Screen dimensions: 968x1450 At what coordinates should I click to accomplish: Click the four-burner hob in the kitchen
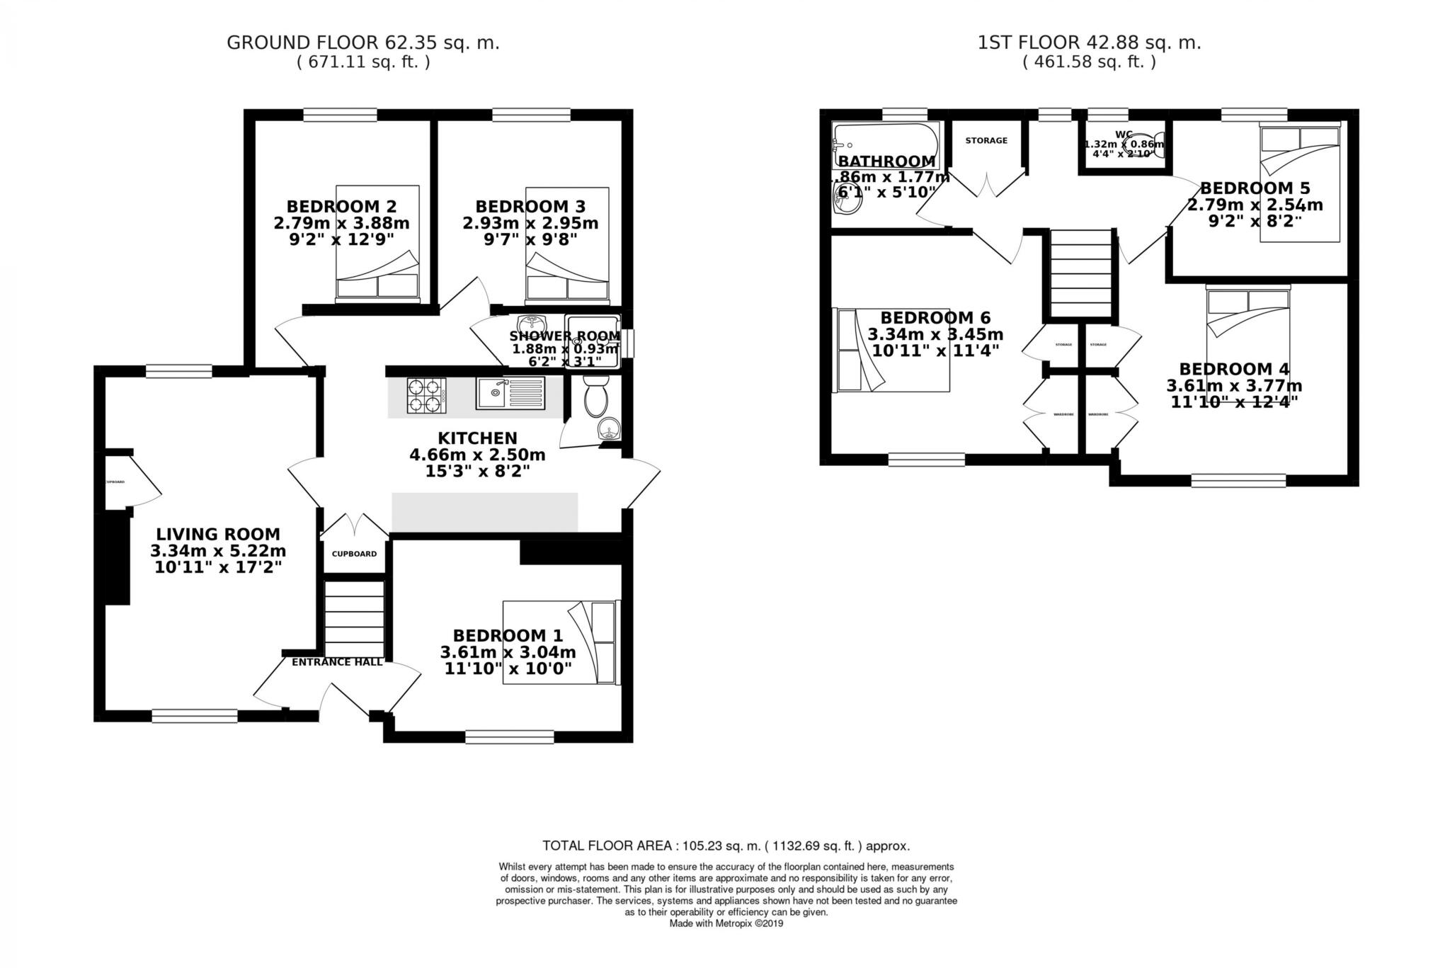click(426, 395)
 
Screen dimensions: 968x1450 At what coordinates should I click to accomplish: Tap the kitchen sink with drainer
click(510, 394)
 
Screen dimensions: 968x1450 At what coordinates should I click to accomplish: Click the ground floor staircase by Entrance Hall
click(354, 619)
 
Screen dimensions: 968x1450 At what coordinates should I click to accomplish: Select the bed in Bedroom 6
click(891, 350)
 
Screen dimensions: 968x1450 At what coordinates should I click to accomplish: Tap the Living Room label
click(218, 535)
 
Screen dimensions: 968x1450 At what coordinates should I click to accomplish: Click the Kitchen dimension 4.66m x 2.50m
click(477, 454)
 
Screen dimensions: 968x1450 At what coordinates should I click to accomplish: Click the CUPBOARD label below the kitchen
click(354, 554)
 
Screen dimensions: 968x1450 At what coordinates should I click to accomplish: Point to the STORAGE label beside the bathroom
click(986, 141)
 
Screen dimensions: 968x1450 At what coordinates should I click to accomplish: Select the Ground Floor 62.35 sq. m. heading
click(362, 42)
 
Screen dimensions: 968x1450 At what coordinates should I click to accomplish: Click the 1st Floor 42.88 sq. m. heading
click(1089, 42)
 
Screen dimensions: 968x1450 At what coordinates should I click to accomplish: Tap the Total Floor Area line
click(726, 845)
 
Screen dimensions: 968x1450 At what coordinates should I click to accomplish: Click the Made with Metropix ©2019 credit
click(726, 923)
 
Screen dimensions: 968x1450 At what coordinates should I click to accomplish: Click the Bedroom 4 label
click(1233, 369)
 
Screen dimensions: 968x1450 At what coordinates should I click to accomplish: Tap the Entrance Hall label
click(337, 662)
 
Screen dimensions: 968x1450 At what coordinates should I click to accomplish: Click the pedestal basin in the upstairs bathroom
click(847, 202)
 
